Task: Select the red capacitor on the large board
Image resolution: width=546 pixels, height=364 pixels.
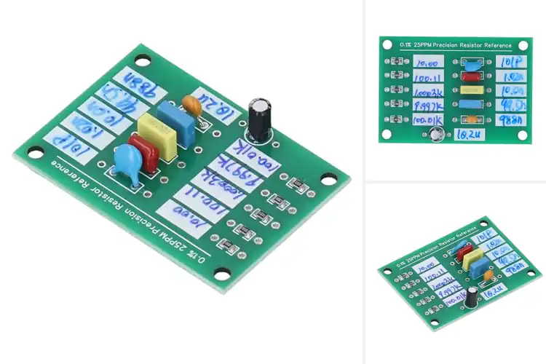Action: [x=144, y=151]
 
